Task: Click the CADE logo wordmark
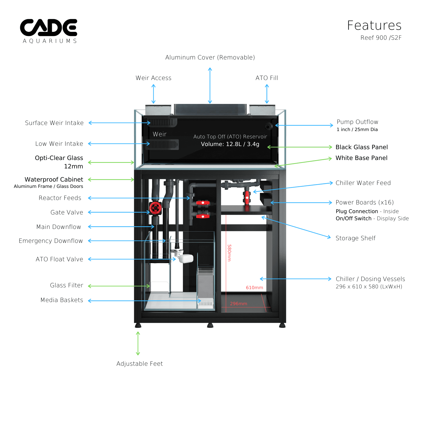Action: (49, 27)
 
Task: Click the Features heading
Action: (374, 26)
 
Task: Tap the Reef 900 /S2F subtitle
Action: (381, 38)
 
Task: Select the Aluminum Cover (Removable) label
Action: (210, 57)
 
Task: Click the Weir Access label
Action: (153, 78)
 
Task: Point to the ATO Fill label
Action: (267, 78)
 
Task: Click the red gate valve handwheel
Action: (156, 208)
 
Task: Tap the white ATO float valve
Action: (186, 258)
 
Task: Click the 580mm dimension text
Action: (229, 253)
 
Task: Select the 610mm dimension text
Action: (254, 288)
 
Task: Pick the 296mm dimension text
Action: (238, 304)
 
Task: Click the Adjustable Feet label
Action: (139, 364)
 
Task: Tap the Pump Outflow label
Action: (357, 122)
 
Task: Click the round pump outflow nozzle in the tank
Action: (269, 126)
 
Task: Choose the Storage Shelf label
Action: (355, 238)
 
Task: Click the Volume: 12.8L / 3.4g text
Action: (230, 144)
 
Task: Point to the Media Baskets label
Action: (62, 300)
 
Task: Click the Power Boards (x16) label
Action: (365, 202)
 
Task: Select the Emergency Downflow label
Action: (51, 241)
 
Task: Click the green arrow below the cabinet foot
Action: (138, 343)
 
